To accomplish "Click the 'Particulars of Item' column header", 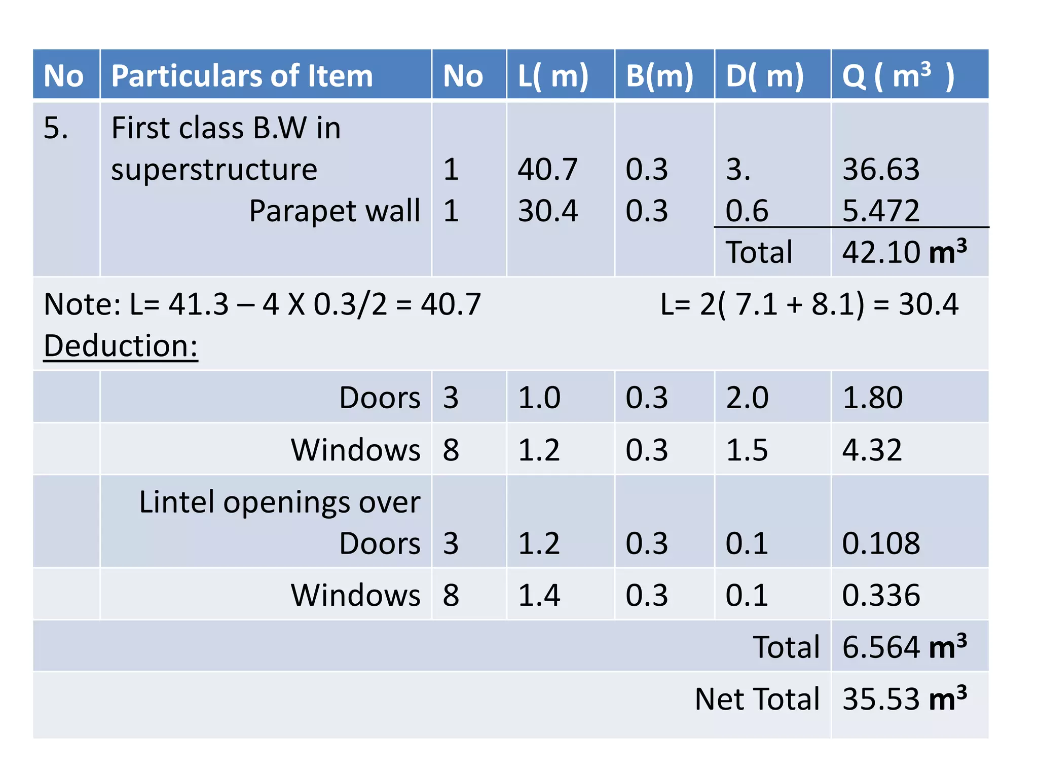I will [x=242, y=76].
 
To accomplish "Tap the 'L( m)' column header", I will [x=553, y=76].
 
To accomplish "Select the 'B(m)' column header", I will [x=659, y=76].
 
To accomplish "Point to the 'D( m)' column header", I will [x=765, y=76].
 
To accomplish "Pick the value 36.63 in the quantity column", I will [x=881, y=169].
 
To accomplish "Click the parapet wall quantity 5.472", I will [x=881, y=211].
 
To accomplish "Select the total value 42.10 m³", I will [x=904, y=252].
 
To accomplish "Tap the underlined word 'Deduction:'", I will [x=121, y=346].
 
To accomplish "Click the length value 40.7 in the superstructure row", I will [x=547, y=169].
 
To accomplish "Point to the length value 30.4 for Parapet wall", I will [x=547, y=211].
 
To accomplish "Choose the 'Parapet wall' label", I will [x=335, y=211].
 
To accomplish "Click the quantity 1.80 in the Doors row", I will [x=872, y=398].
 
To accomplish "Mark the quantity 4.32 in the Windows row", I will [x=872, y=450].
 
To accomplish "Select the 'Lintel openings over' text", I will [x=279, y=502].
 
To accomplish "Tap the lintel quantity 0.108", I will [x=881, y=543].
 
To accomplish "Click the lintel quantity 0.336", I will [x=881, y=595].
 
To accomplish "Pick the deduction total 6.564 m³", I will [x=904, y=647].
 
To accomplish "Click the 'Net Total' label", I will [x=757, y=699].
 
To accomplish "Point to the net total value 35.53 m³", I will [x=904, y=699].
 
